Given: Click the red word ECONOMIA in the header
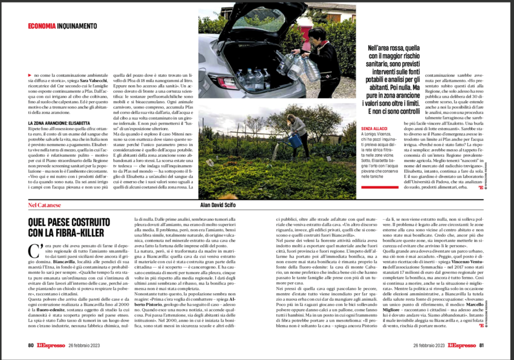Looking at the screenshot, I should pyautogui.click(x=42, y=26).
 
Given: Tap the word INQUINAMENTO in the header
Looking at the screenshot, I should pyautogui.click(x=76, y=26).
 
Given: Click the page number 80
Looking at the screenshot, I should pyautogui.click(x=31, y=345).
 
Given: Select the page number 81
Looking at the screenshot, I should pyautogui.click(x=481, y=345).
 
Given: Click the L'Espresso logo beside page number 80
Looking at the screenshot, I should pyautogui.click(x=52, y=345).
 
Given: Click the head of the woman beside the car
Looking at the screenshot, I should pyautogui.click(x=319, y=34).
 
